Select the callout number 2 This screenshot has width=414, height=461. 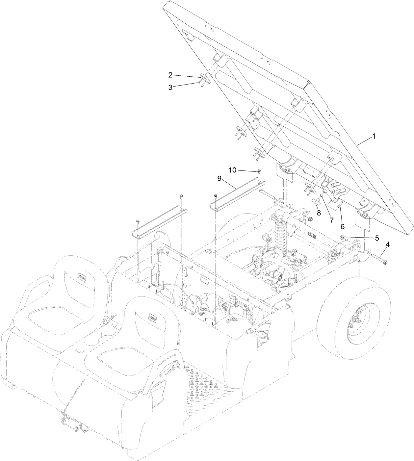pyautogui.click(x=170, y=75)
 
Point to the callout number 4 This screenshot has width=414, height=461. pyautogui.click(x=387, y=245)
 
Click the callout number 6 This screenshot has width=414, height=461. pyautogui.click(x=342, y=227)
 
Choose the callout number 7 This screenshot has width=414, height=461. pyautogui.click(x=330, y=219)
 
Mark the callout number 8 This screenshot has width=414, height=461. pyautogui.click(x=319, y=213)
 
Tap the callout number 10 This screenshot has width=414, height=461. pyautogui.click(x=233, y=170)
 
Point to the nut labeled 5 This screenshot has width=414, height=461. pyautogui.click(x=342, y=237)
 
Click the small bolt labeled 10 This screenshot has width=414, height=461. pyautogui.click(x=259, y=170)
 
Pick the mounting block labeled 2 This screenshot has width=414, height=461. pyautogui.click(x=204, y=78)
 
